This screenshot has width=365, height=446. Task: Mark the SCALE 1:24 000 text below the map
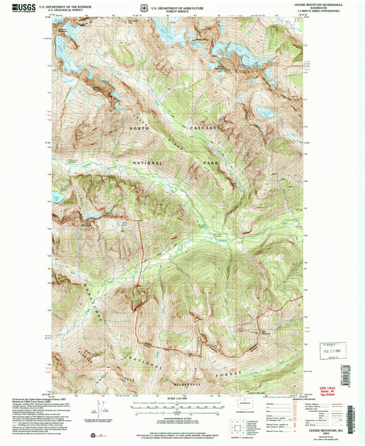(x=177, y=399)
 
